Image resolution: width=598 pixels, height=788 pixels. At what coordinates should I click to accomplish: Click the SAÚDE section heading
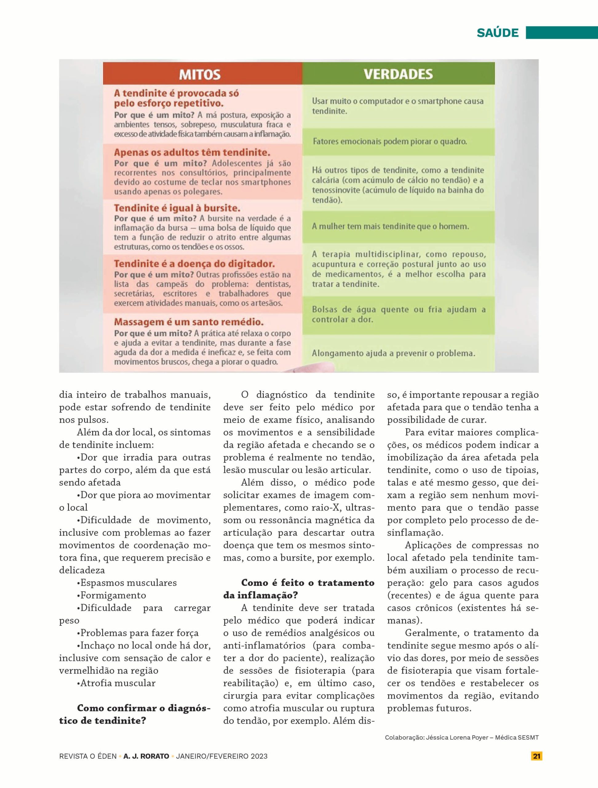(x=497, y=33)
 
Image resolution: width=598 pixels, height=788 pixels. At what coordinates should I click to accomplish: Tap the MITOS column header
(x=199, y=74)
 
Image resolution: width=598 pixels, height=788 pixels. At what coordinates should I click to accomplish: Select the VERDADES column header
(x=398, y=74)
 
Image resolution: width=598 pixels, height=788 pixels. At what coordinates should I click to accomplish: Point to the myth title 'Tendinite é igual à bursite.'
(x=177, y=208)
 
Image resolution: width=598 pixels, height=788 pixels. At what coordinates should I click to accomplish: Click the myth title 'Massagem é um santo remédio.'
(x=189, y=322)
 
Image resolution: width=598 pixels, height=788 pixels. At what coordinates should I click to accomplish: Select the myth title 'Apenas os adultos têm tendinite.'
(x=192, y=153)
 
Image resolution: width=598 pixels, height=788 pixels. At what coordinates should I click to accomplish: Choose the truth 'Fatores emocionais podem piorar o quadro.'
(x=390, y=141)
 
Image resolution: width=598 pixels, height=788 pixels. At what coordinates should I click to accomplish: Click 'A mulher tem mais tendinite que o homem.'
(x=390, y=227)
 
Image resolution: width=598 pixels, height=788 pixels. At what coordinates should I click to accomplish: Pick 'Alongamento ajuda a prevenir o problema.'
(x=394, y=353)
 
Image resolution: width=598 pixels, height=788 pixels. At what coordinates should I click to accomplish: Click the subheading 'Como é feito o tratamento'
(x=308, y=583)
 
